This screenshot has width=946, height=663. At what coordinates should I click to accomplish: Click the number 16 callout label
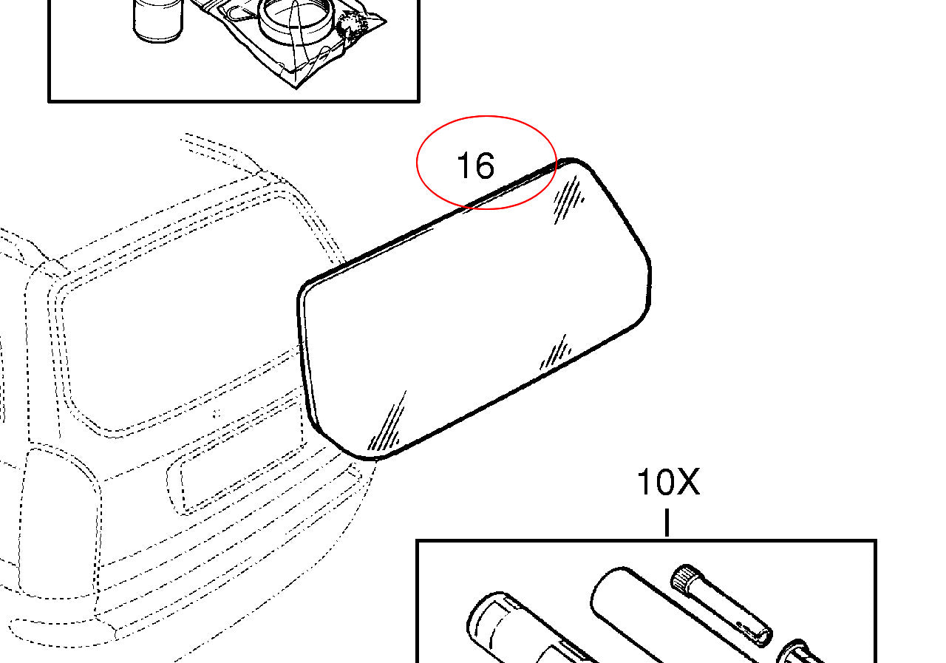point(475,166)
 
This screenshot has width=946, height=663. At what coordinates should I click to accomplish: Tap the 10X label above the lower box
point(667,483)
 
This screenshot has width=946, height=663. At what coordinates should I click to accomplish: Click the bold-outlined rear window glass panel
point(473,310)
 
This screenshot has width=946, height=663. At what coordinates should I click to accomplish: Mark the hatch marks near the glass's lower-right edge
point(556,353)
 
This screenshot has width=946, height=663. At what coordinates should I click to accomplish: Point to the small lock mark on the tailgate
point(216,412)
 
